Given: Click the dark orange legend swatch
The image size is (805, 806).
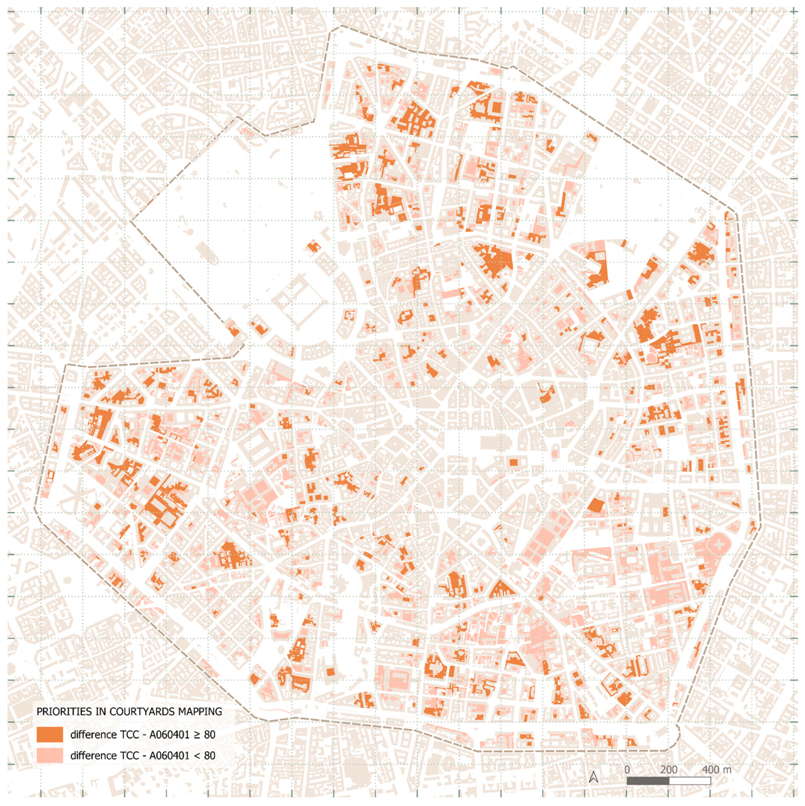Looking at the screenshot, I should pyautogui.click(x=50, y=734).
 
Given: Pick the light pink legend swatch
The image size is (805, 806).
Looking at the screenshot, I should pyautogui.click(x=50, y=756).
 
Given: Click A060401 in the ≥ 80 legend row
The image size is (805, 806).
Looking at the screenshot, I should pyautogui.click(x=171, y=735).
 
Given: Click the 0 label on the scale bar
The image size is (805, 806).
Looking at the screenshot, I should pyautogui.click(x=627, y=769).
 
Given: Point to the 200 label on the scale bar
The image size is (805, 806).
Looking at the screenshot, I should pyautogui.click(x=669, y=769).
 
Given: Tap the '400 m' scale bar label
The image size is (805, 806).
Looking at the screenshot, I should pyautogui.click(x=717, y=769).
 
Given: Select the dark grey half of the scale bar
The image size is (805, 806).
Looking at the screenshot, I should pyautogui.click(x=648, y=781).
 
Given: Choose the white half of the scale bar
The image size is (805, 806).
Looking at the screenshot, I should pyautogui.click(x=690, y=781).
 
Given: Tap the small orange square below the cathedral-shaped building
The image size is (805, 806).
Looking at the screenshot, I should pyautogui.click(x=513, y=462).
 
